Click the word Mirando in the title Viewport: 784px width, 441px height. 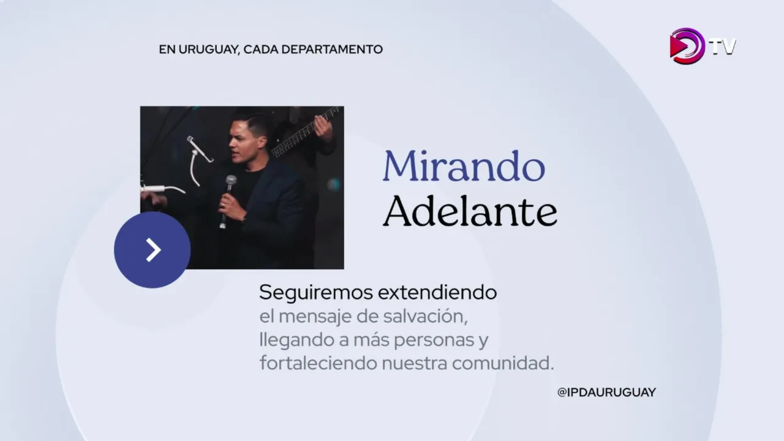464,166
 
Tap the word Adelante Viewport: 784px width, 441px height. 470,211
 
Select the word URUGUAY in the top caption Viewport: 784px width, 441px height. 209,50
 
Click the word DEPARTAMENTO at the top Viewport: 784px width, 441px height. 332,50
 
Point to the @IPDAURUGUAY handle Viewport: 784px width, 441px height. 606,393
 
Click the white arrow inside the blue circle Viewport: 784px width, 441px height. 153,250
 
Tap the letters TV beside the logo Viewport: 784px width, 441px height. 723,47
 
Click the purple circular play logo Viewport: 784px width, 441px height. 687,46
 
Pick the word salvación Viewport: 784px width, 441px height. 425,317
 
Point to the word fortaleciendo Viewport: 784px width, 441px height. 318,363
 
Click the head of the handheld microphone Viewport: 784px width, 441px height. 231,181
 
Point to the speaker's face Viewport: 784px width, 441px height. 242,141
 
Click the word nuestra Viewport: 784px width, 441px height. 415,364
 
